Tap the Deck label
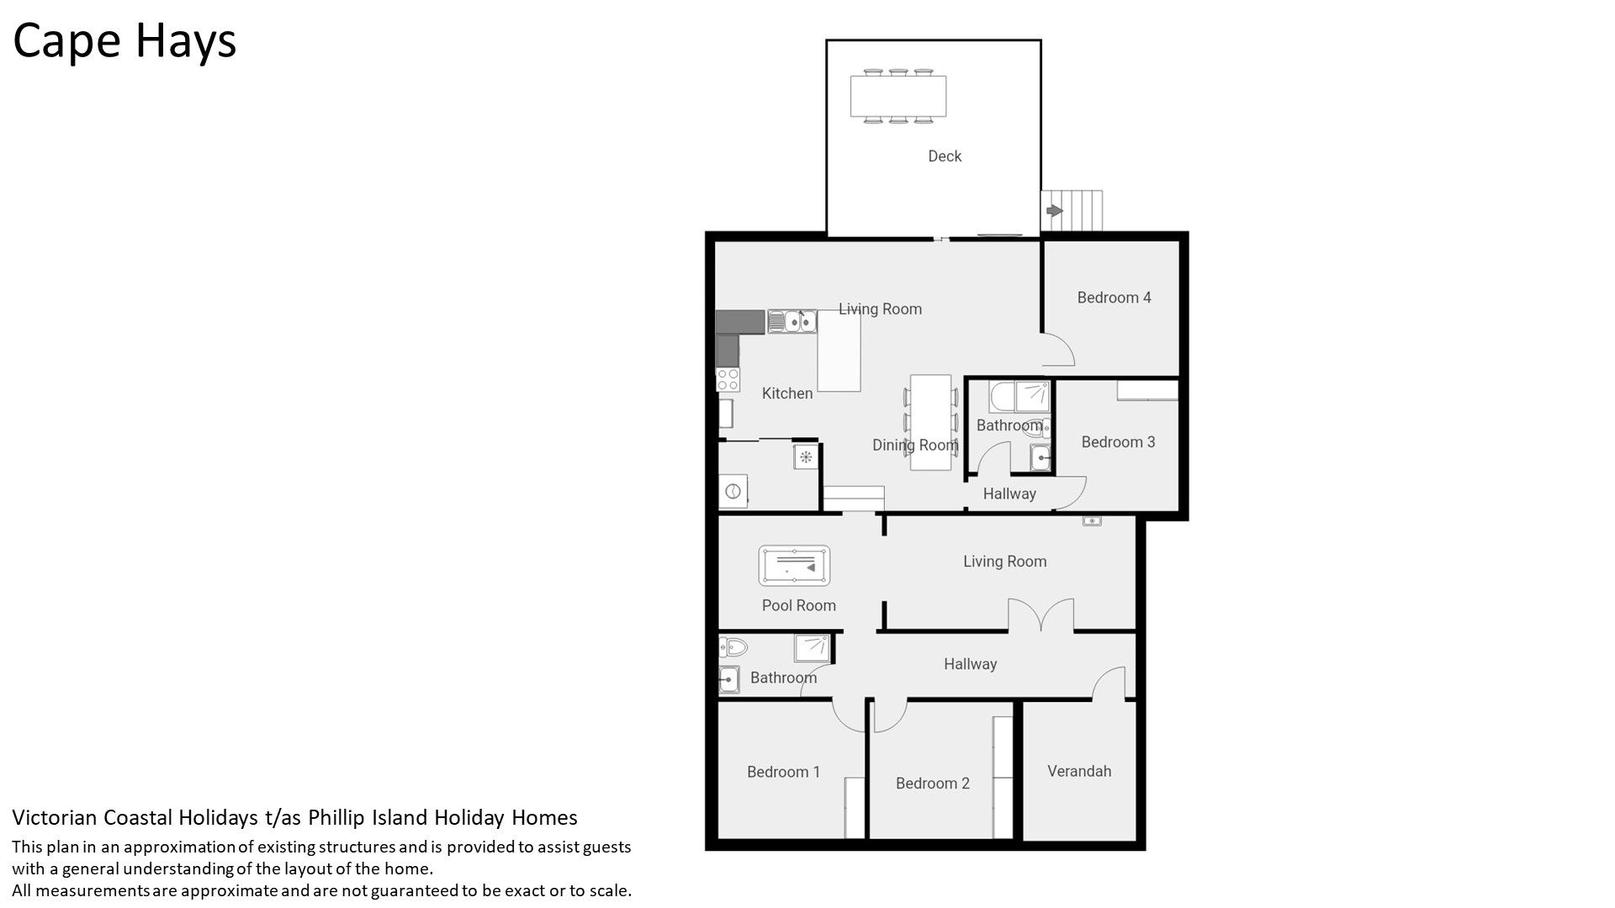click(x=945, y=156)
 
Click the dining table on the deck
click(x=898, y=96)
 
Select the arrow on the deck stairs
click(x=1053, y=210)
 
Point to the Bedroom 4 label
click(x=1114, y=298)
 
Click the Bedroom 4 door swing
click(x=1059, y=349)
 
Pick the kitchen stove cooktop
click(x=728, y=379)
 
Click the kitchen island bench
click(x=839, y=351)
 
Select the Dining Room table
click(x=931, y=422)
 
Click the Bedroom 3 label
click(x=1118, y=442)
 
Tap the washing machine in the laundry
click(x=733, y=491)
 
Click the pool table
click(x=794, y=566)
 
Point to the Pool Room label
click(x=799, y=605)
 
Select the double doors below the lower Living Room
click(x=1041, y=615)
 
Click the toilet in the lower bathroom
click(x=733, y=647)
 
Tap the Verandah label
click(x=1079, y=771)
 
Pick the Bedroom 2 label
click(x=932, y=784)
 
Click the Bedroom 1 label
click(x=783, y=772)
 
